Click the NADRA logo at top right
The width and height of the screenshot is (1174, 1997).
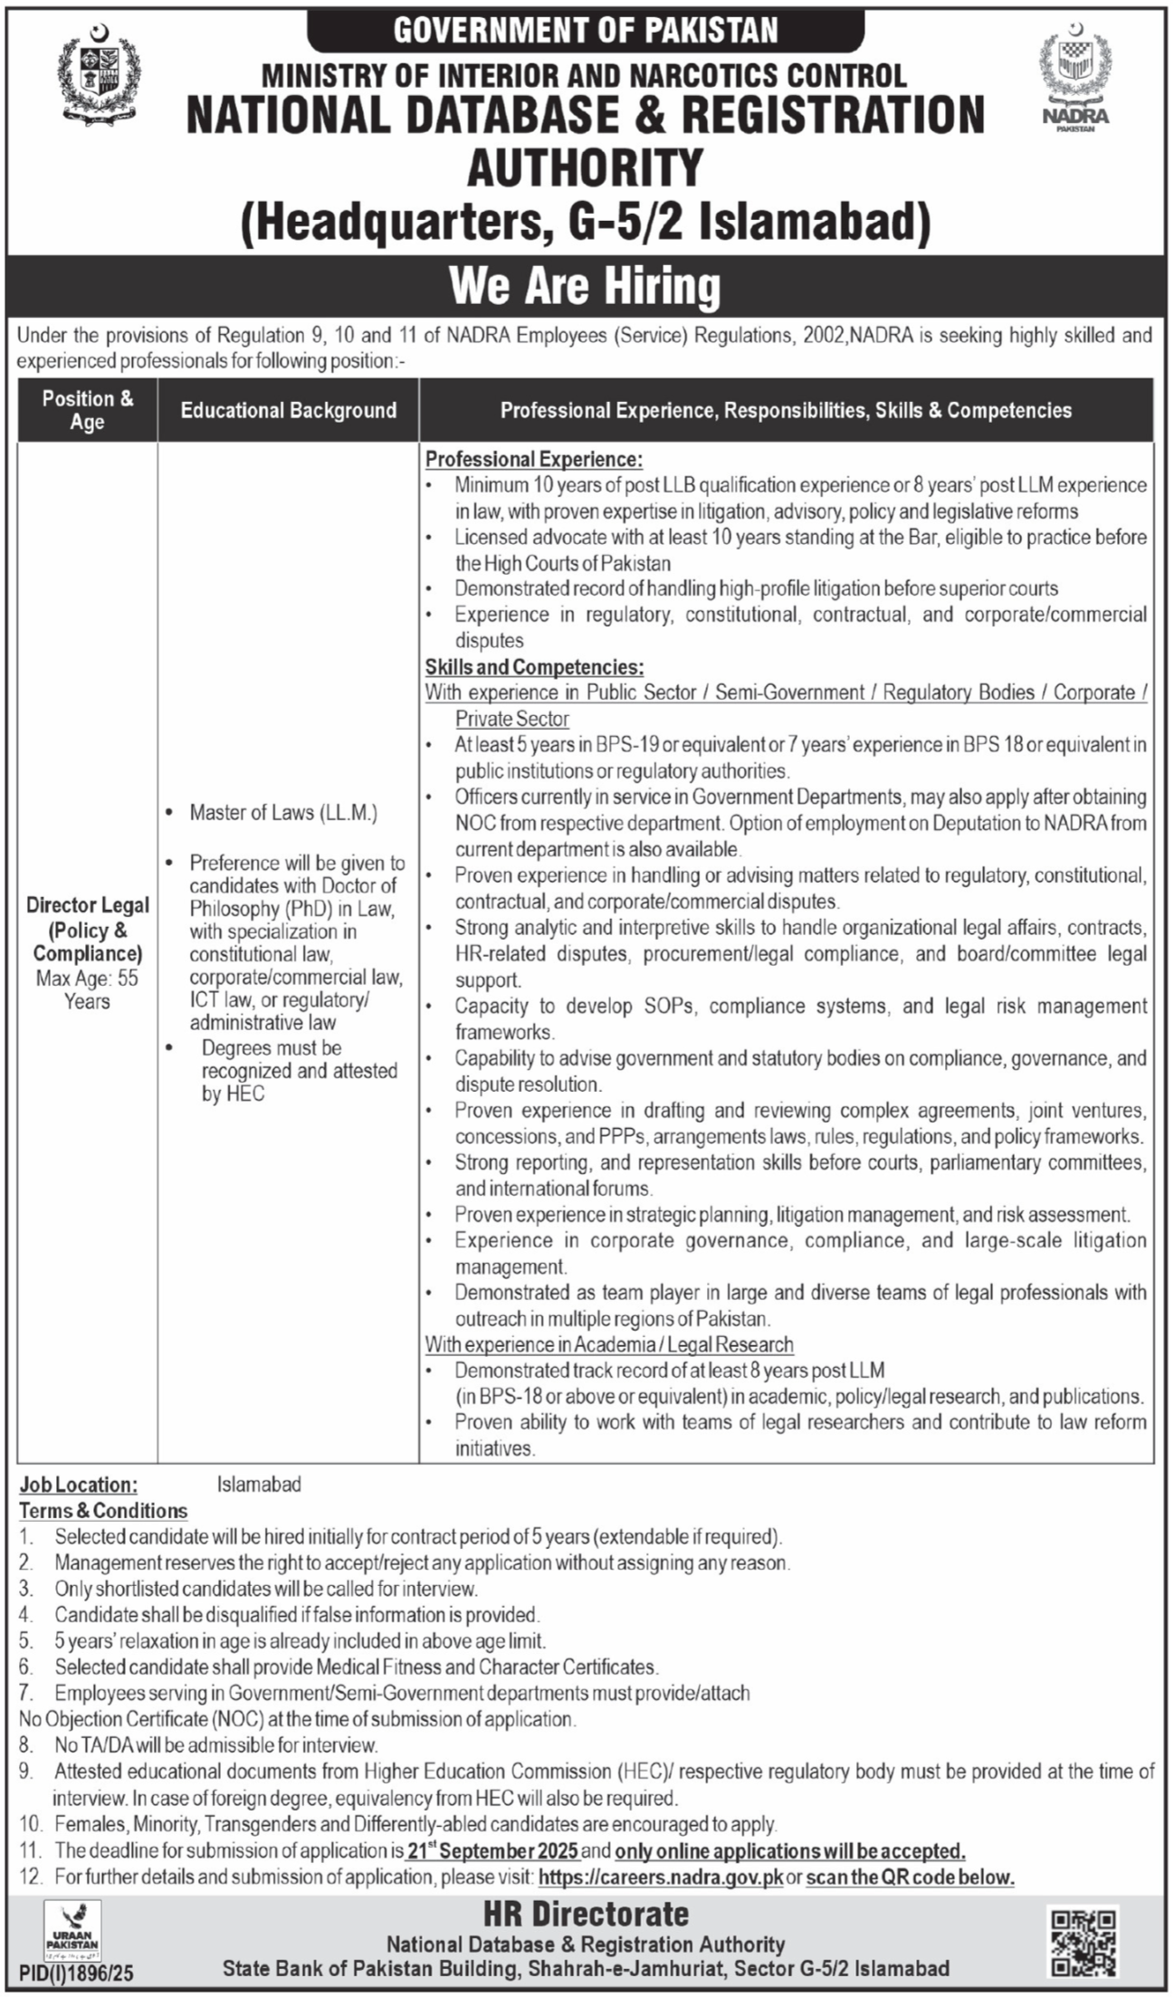tap(1074, 81)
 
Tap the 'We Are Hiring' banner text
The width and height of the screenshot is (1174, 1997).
tap(585, 286)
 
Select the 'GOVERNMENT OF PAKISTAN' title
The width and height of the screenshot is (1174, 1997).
tap(585, 32)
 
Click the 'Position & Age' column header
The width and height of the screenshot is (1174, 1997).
tap(87, 410)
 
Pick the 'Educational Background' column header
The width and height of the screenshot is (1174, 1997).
tap(288, 410)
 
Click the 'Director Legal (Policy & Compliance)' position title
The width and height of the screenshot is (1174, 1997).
tap(87, 929)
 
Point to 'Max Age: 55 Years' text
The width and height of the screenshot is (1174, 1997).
tap(87, 989)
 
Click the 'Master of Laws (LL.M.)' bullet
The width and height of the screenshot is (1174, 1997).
tap(283, 812)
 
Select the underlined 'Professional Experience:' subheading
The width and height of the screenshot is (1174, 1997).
tap(534, 459)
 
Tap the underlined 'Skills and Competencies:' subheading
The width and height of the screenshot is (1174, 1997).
tap(534, 667)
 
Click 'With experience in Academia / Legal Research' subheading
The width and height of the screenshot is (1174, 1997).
tap(609, 1344)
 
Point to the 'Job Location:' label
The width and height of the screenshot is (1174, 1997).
tap(79, 1485)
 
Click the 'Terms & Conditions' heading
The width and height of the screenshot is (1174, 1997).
tap(103, 1511)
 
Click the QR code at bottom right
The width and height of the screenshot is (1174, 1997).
tap(1083, 1942)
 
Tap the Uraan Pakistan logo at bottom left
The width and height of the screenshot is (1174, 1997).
tap(72, 1930)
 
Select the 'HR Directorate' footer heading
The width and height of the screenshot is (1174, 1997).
tap(586, 1915)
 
